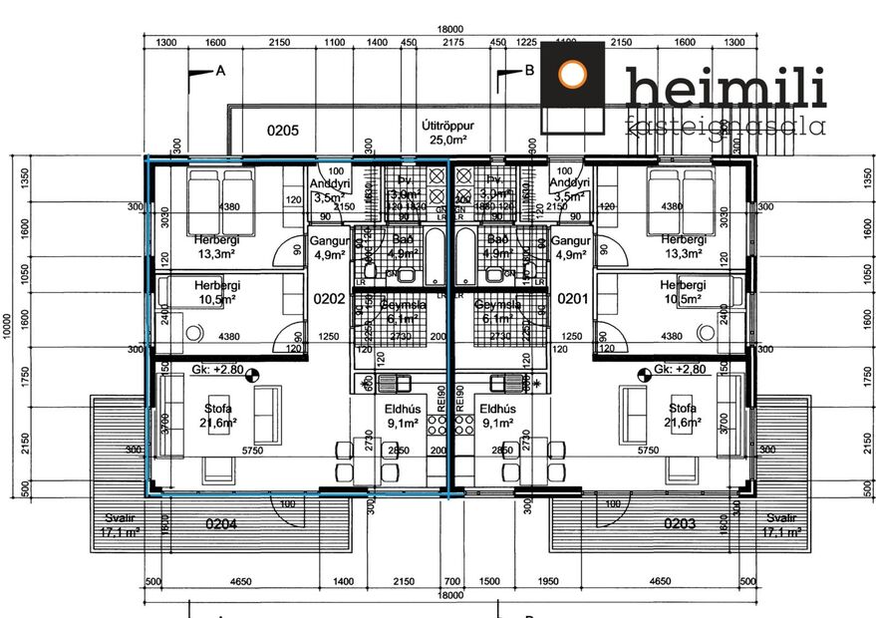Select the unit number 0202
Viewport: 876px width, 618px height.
(328, 298)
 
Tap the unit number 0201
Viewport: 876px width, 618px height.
(571, 298)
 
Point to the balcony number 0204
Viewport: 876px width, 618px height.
(220, 524)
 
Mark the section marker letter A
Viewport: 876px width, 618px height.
(220, 71)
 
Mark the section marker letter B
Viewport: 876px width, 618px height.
(529, 71)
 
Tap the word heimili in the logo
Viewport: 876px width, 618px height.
(726, 88)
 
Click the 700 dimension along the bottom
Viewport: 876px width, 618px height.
(452, 581)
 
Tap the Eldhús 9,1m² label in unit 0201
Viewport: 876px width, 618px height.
(494, 416)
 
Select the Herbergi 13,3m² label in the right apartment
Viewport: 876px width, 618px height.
(683, 246)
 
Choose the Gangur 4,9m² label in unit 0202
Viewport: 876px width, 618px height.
(328, 247)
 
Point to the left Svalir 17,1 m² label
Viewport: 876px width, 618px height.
(119, 525)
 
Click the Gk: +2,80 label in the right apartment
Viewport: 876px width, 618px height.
(680, 370)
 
